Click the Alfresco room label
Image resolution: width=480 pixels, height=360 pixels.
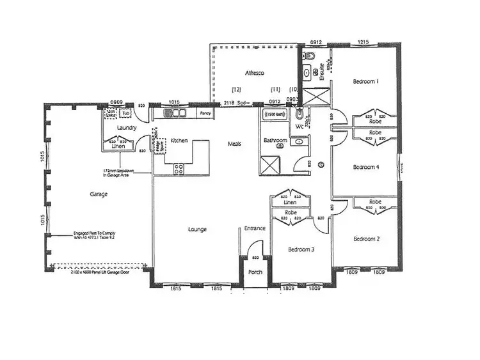point(254,74)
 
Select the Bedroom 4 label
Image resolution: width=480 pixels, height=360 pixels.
point(367,167)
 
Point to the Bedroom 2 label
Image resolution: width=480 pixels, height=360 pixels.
point(367,239)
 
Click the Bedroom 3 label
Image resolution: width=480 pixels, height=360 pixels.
point(300,249)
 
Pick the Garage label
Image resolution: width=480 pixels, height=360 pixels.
point(99,194)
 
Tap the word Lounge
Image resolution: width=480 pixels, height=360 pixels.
point(196,229)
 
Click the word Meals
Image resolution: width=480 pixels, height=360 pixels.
point(234,144)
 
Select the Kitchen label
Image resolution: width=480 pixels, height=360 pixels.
point(179,140)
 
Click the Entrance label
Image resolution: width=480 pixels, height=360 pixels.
point(255,229)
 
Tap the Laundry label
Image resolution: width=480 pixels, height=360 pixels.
point(127,128)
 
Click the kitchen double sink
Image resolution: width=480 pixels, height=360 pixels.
point(173,114)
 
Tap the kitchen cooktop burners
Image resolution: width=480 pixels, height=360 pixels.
point(179,169)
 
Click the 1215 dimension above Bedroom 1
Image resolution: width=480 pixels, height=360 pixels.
point(363,43)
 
